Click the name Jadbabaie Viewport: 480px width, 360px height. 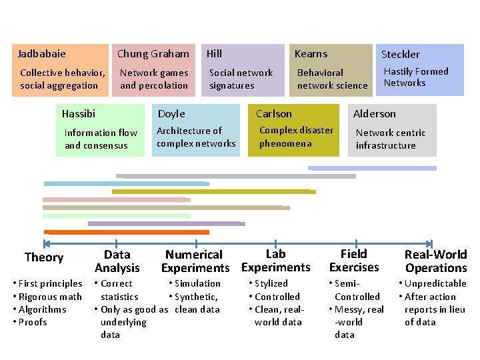pos(41,53)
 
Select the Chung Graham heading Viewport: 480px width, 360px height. pos(153,53)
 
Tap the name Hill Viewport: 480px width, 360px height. pos(214,53)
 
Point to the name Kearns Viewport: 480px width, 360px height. pos(311,53)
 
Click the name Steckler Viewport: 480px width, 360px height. pos(400,54)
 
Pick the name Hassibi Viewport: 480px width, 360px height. pos(79,114)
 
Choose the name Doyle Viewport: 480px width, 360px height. pos(171,114)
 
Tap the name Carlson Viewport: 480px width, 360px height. pos(274,114)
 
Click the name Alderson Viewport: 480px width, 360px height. pos(375,114)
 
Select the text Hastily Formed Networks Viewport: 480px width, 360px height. pos(416,77)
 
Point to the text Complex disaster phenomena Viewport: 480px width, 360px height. pos(296,137)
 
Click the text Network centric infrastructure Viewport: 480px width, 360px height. pos(390,139)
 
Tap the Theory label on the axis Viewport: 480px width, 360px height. pos(44,258)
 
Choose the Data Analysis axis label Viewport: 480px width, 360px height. pos(117,261)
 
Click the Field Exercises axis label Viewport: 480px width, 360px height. pos(354,261)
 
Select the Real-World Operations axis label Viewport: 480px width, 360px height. pos(436,261)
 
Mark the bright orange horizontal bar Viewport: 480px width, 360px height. pos(127,232)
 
